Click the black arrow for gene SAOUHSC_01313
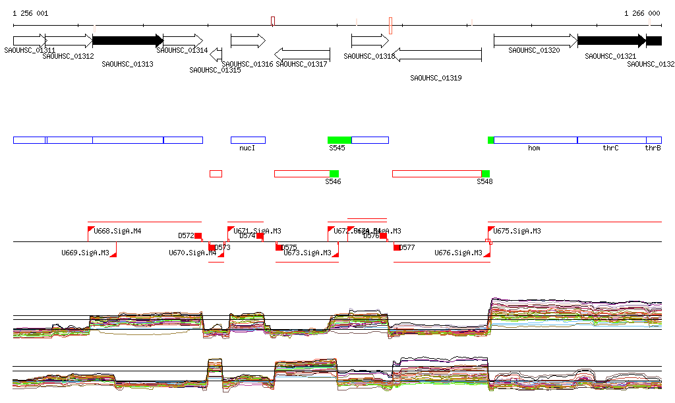(127, 40)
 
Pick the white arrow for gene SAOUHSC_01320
(535, 40)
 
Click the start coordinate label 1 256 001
(30, 13)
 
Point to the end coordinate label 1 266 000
(642, 13)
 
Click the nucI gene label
(247, 148)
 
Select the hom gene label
(534, 148)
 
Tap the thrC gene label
(610, 148)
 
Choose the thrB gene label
(653, 148)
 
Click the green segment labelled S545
(339, 140)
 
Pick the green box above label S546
(334, 173)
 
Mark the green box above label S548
(486, 173)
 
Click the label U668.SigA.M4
(117, 232)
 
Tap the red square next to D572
(198, 235)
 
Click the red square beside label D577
(397, 247)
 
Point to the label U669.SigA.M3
(85, 253)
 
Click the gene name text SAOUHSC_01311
(29, 50)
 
